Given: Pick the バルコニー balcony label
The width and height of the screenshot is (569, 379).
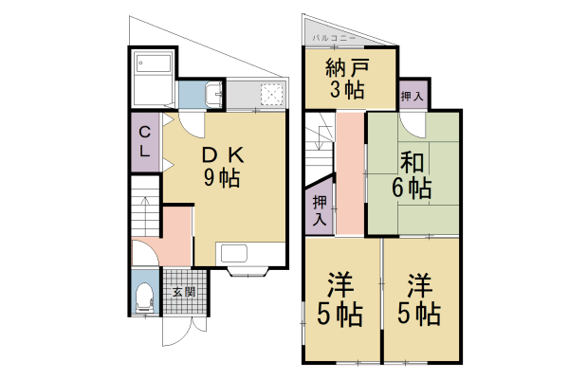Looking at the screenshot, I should [x=333, y=37].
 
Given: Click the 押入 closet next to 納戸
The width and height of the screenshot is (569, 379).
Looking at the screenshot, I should [x=412, y=97].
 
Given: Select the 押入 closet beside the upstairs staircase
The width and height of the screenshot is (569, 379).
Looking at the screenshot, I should [x=321, y=209].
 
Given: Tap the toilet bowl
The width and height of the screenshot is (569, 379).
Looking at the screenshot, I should [x=144, y=298].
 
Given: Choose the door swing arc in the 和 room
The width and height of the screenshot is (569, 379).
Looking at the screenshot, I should [x=413, y=127].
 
